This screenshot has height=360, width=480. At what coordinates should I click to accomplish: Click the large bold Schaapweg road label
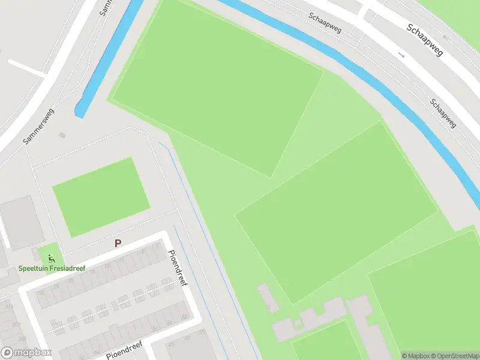click(424, 40)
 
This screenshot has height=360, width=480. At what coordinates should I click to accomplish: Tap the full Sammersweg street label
click(39, 126)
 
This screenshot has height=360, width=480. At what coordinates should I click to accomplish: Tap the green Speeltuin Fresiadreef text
click(52, 268)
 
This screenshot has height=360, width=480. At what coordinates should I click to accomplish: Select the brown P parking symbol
click(118, 244)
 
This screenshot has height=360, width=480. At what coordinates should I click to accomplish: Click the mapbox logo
click(26, 353)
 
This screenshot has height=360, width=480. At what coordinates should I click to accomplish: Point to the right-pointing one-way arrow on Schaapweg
click(401, 55)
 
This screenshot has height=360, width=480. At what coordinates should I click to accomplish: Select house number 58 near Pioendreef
click(184, 316)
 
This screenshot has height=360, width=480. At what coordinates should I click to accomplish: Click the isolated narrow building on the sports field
click(268, 298)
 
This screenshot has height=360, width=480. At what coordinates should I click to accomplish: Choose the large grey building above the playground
click(23, 222)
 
